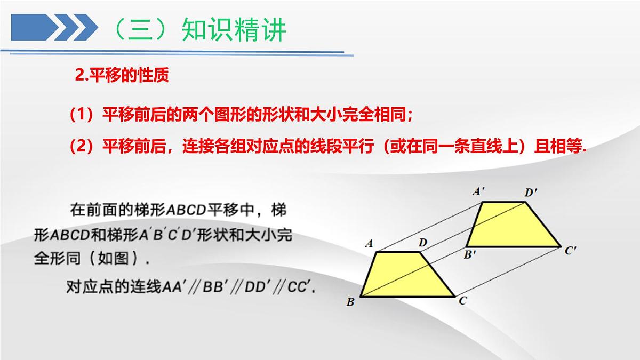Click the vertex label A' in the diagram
(478, 192)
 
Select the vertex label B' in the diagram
(470, 255)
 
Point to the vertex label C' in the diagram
(571, 250)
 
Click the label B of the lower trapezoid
(350, 302)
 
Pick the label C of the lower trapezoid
(463, 301)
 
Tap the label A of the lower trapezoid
(369, 244)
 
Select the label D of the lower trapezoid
(422, 243)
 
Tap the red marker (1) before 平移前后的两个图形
(82, 114)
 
